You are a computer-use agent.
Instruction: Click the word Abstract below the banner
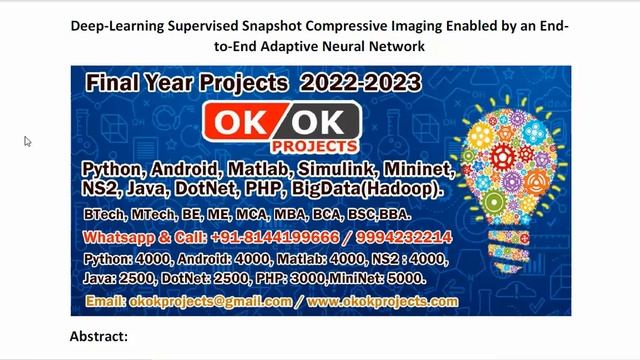point(98,336)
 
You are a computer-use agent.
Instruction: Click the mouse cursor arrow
point(28,142)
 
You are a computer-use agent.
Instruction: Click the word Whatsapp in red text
point(117,237)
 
